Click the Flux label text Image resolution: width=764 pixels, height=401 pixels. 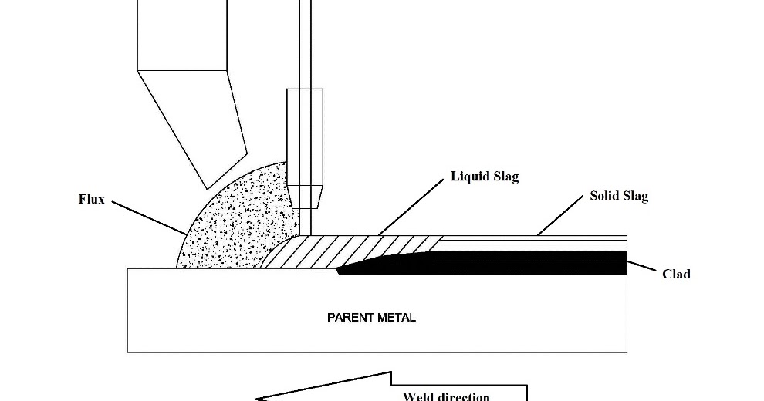tap(91, 199)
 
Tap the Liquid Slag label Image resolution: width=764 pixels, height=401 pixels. tap(485, 177)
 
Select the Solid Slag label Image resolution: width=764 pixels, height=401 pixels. tap(619, 196)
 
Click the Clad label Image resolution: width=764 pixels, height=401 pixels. tap(676, 274)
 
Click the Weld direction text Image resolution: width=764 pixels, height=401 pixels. tap(446, 396)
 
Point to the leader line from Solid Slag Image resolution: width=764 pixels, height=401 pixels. tap(559, 215)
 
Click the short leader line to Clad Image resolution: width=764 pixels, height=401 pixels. tap(641, 266)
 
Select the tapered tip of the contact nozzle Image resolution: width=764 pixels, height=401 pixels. tap(304, 196)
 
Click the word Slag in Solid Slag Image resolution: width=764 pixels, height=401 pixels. tap(634, 196)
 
